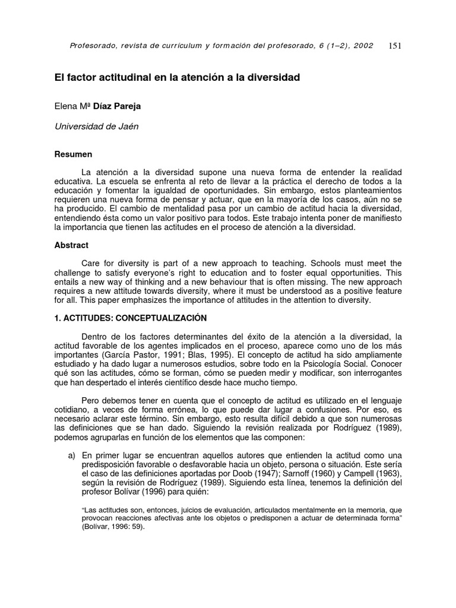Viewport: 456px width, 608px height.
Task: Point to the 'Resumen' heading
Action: (x=73, y=154)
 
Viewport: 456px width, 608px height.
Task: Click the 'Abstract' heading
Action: (x=71, y=245)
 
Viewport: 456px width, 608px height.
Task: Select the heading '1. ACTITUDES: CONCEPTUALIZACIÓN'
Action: (x=131, y=318)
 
